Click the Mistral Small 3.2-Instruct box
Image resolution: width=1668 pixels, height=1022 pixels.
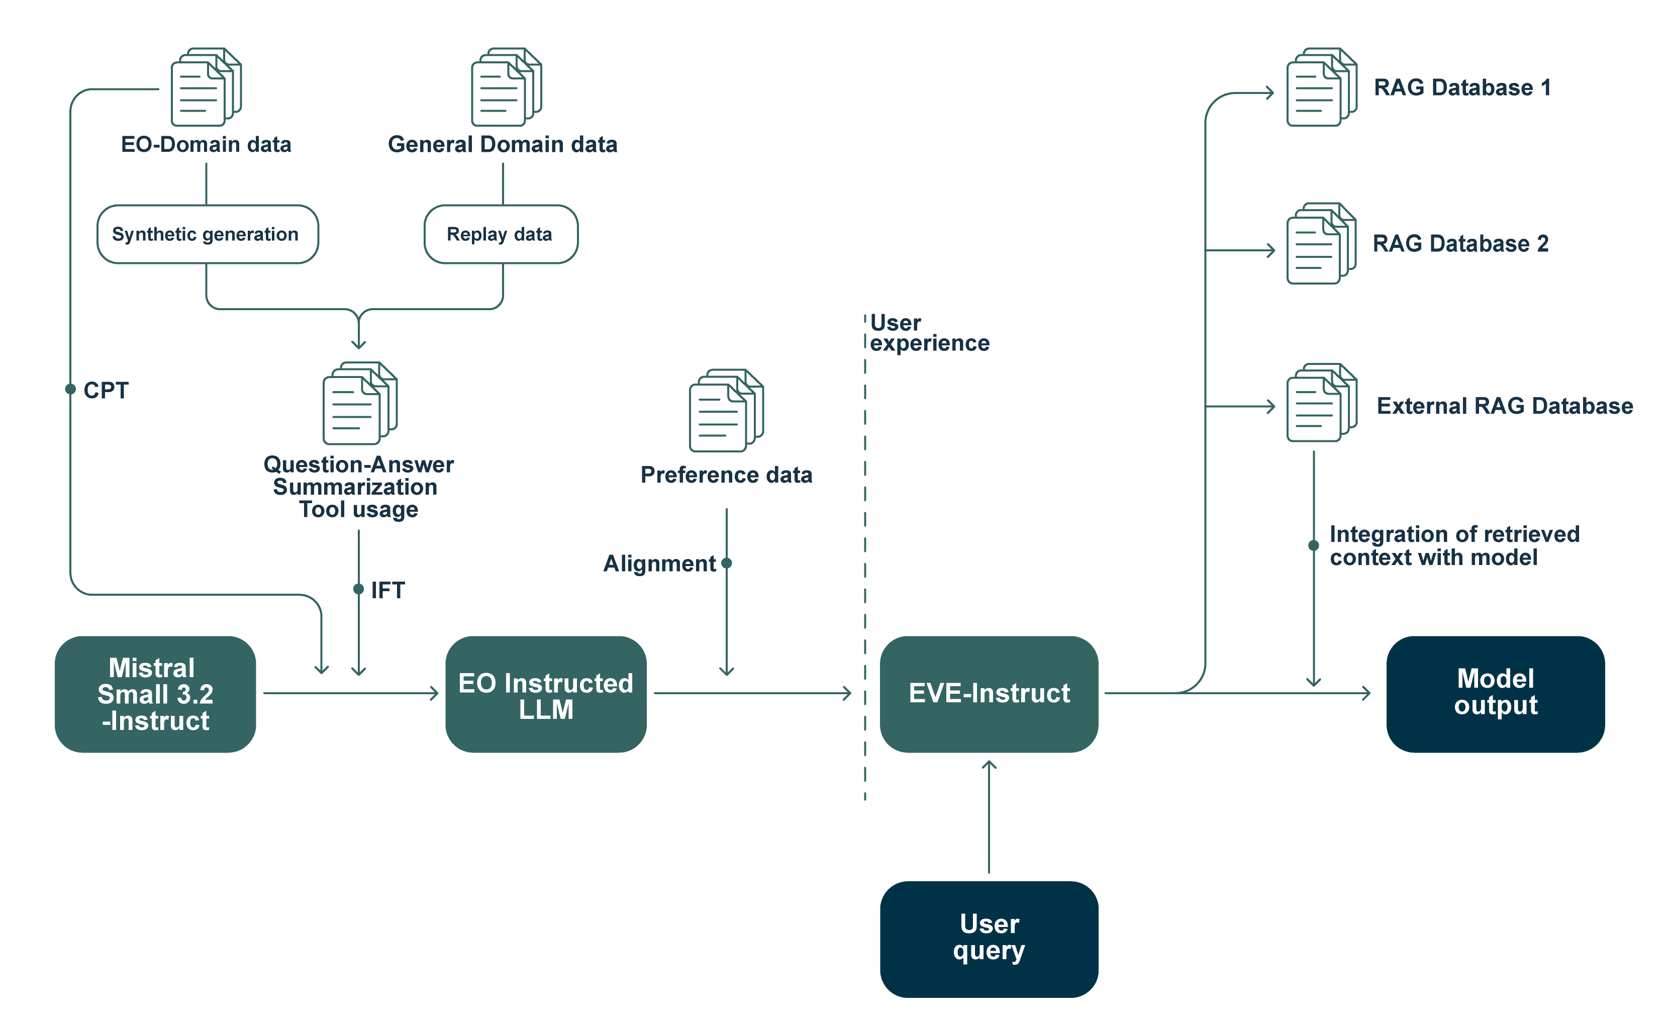click(155, 694)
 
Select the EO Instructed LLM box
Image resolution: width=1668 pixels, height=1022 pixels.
click(546, 694)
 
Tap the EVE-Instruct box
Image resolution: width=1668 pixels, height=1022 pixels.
click(989, 694)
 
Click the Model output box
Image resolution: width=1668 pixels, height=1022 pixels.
click(1496, 694)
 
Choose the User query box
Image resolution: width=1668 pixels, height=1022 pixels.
click(989, 939)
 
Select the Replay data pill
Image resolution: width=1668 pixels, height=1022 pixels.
click(500, 234)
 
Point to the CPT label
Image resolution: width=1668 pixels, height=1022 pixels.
click(106, 390)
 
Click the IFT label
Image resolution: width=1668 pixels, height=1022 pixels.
click(387, 590)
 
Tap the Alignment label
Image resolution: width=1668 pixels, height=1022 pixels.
click(659, 564)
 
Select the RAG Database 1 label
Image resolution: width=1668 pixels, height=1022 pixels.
click(1462, 87)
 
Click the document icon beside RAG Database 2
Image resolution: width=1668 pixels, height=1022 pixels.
click(1321, 244)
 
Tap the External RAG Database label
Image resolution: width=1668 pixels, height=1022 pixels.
click(1504, 406)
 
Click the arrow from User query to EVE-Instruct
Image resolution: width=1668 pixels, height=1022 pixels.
click(989, 816)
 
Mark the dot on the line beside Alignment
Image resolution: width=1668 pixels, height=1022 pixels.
click(726, 563)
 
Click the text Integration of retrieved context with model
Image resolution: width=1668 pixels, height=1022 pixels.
click(1453, 545)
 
